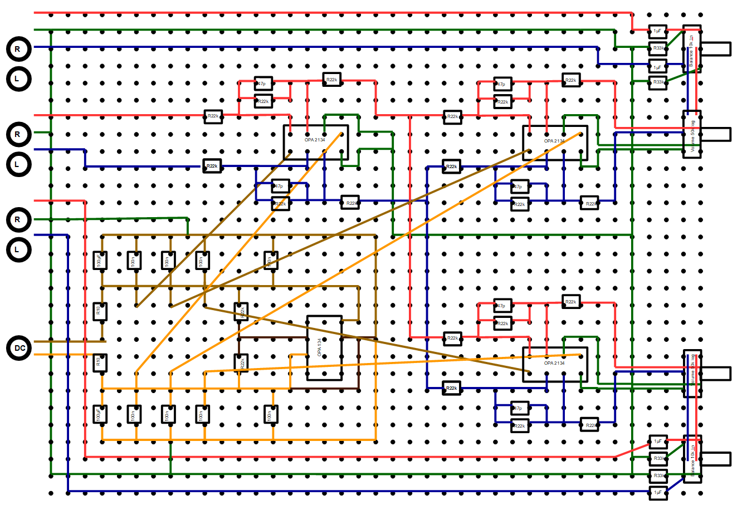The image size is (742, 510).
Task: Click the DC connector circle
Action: tap(19, 349)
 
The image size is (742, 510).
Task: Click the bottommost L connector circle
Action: tap(19, 250)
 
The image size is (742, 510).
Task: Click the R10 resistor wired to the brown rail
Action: tap(99, 311)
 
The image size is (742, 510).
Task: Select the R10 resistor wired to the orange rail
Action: tap(99, 364)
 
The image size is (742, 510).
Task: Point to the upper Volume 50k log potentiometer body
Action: tap(691, 135)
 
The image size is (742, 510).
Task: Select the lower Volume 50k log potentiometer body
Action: tap(691, 374)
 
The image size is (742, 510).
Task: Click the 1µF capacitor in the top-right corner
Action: tap(657, 31)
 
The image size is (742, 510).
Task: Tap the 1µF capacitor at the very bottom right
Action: tap(657, 492)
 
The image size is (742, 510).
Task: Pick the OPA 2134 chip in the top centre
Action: tap(315, 142)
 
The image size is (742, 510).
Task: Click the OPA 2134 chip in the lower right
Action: tap(555, 365)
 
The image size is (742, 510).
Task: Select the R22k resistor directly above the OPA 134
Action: tap(241, 312)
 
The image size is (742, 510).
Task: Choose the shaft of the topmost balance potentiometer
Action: tap(715, 49)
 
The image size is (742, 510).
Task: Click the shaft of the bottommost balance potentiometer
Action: tap(715, 459)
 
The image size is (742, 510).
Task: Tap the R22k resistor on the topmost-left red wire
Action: tap(213, 116)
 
